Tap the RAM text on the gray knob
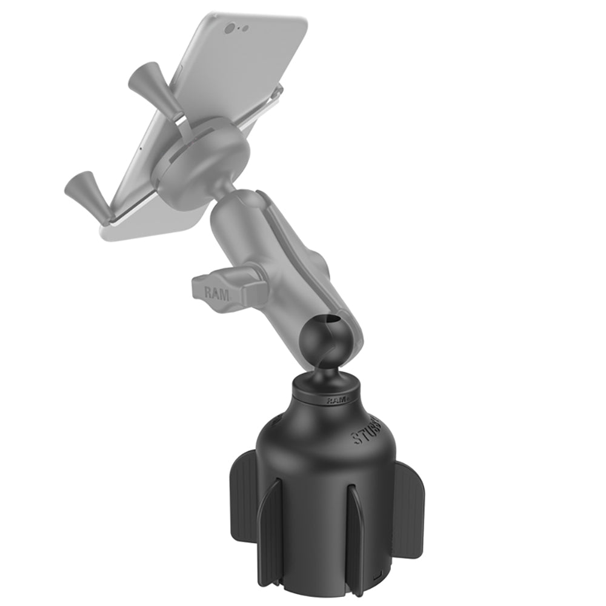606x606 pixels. click(216, 294)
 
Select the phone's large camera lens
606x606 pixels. click(230, 28)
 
